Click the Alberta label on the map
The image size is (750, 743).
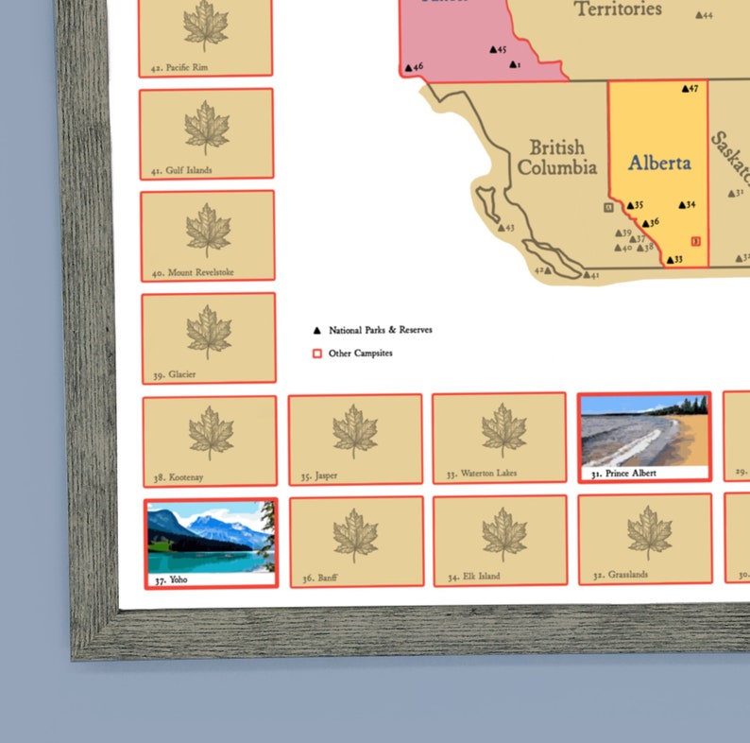pyautogui.click(x=658, y=162)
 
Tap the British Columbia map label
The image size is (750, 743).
pyautogui.click(x=557, y=158)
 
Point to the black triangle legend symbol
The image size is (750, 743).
pyautogui.click(x=316, y=331)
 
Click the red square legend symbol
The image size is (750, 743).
pyautogui.click(x=316, y=354)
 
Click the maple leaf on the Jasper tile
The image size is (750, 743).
pyautogui.click(x=354, y=432)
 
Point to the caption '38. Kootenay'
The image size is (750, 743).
pyautogui.click(x=179, y=477)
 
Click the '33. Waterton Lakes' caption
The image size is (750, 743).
pyautogui.click(x=482, y=473)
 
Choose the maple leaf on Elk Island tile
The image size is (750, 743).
pyautogui.click(x=503, y=534)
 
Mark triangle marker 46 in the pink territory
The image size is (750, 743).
pyautogui.click(x=408, y=67)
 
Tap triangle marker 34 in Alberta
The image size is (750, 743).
pyautogui.click(x=681, y=205)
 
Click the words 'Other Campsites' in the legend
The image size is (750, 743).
pyautogui.click(x=360, y=354)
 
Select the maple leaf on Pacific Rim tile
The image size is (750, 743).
pyautogui.click(x=205, y=26)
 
